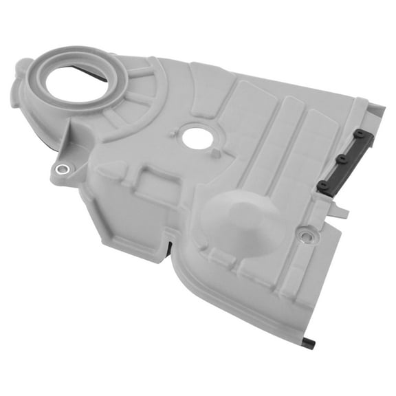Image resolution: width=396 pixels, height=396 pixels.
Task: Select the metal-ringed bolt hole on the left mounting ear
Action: [63, 169]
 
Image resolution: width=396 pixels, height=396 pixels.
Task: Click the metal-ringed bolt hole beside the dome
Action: [306, 236]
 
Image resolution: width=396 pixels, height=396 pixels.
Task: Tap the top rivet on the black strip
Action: [360, 132]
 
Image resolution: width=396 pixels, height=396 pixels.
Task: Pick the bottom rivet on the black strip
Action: [323, 185]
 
